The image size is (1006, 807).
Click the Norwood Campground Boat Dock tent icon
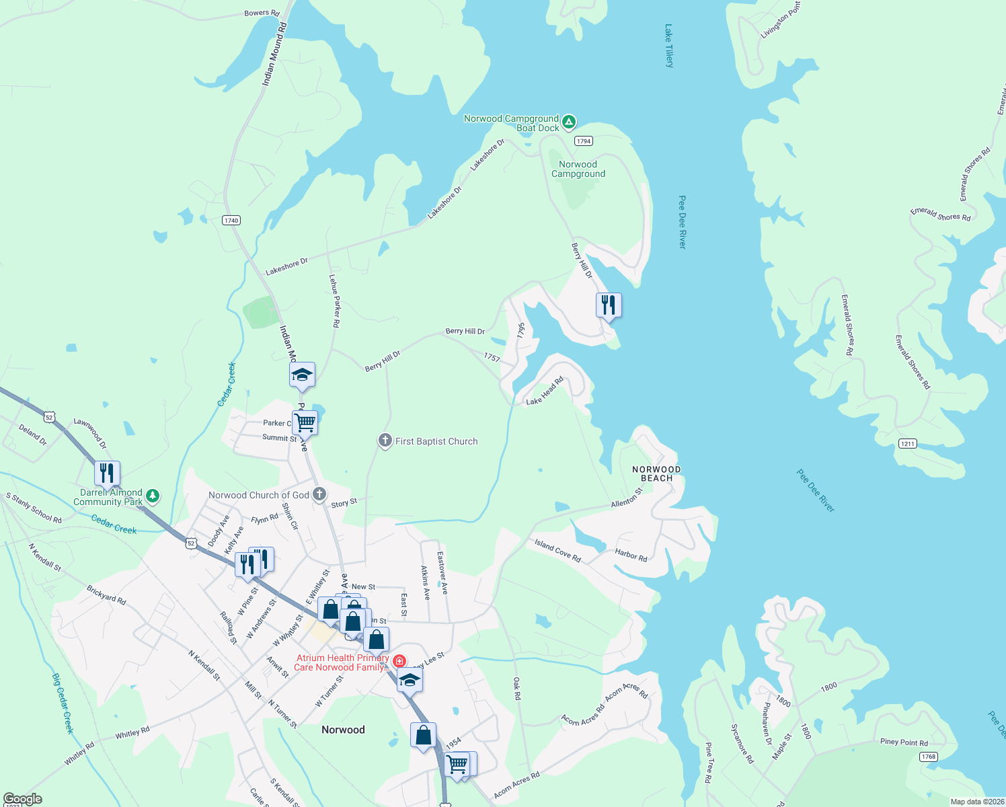click(x=569, y=122)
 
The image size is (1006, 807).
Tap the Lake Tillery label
click(x=668, y=46)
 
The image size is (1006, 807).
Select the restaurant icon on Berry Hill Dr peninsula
click(x=609, y=305)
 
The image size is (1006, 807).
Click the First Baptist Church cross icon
click(x=385, y=441)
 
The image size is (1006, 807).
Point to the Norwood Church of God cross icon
click(x=319, y=494)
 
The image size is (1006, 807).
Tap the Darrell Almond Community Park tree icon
click(x=153, y=496)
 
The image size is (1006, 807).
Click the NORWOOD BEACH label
click(x=656, y=473)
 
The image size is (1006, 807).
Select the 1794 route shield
click(x=583, y=141)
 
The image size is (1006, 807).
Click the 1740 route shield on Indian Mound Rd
click(x=231, y=220)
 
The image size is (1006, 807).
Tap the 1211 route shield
click(x=908, y=443)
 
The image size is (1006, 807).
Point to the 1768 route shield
click(x=929, y=757)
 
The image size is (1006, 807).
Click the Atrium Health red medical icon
click(x=399, y=661)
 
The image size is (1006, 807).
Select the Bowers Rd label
click(x=262, y=13)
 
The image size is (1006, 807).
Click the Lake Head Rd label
click(x=545, y=391)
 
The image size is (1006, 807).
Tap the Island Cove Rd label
click(x=557, y=550)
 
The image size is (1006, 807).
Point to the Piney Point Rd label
click(x=904, y=742)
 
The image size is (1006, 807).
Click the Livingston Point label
click(x=780, y=20)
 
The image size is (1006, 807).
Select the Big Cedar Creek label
click(x=63, y=703)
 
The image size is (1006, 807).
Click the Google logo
click(x=23, y=799)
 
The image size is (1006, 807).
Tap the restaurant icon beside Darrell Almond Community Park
click(x=107, y=473)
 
